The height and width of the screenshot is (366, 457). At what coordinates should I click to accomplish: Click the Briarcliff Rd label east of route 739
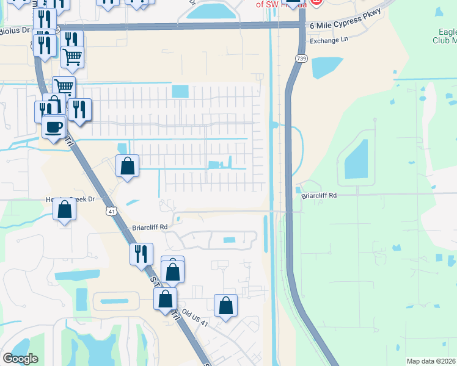tap(319, 196)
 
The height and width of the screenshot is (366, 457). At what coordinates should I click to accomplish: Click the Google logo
tap(20, 358)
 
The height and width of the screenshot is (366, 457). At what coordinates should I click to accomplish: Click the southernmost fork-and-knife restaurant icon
tap(141, 253)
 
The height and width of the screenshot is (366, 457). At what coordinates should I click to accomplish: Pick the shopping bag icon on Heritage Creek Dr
tap(64, 209)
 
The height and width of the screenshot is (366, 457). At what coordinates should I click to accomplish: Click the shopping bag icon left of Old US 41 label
tap(165, 299)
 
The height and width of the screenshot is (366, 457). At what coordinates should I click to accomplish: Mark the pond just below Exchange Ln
tap(327, 67)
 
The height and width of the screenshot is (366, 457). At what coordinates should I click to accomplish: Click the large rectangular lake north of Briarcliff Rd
tap(356, 159)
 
